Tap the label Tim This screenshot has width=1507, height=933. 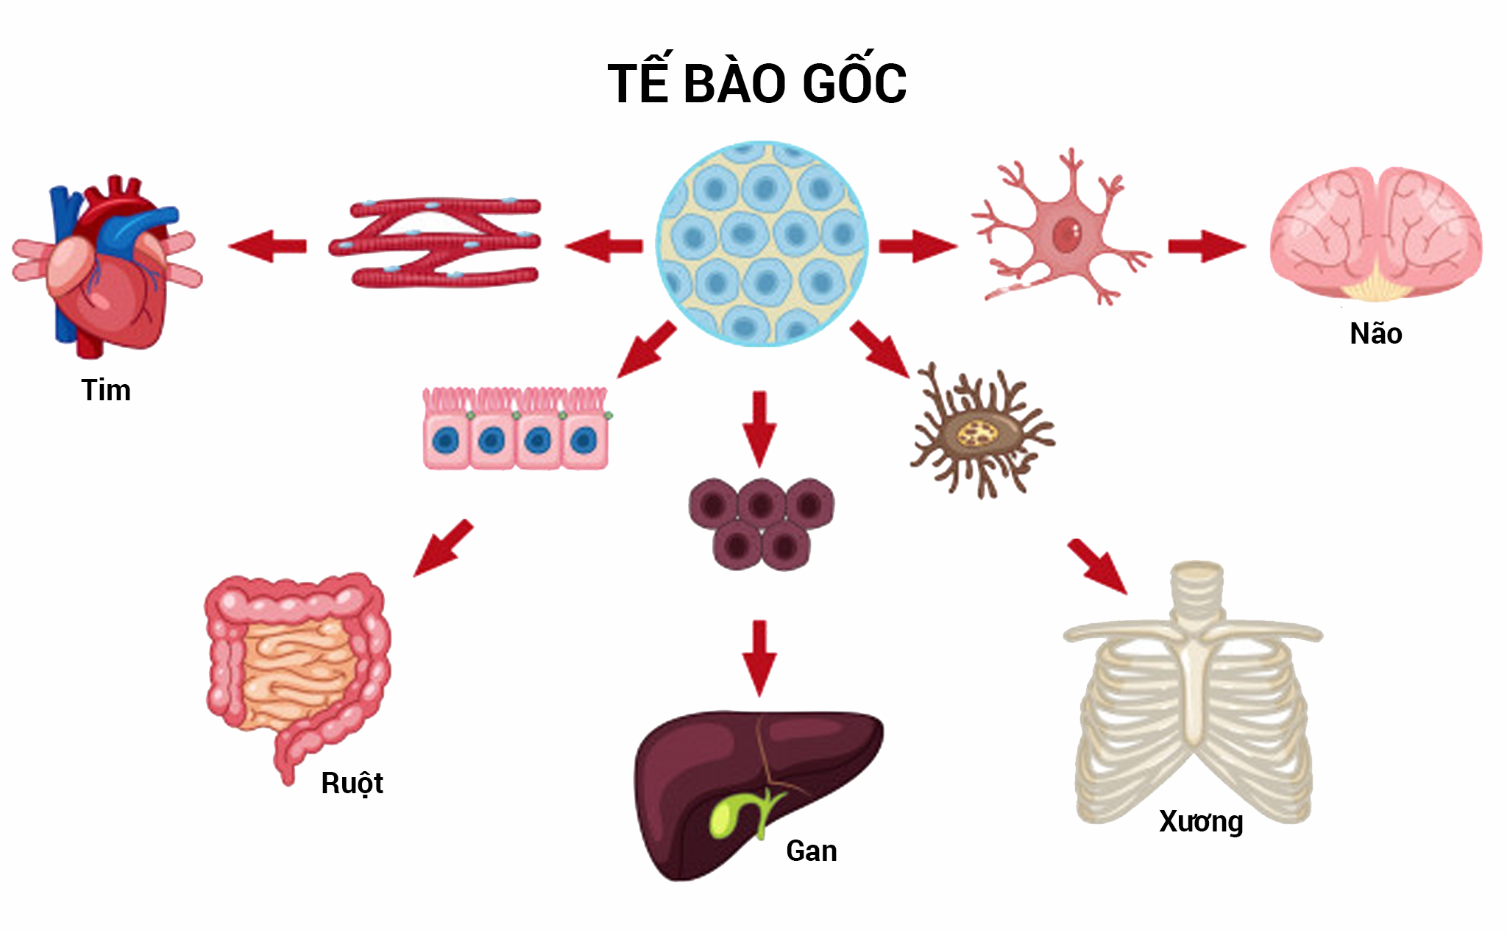106,390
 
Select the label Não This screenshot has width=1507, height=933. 1375,334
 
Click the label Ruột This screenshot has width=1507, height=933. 352,783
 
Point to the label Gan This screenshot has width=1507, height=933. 811,851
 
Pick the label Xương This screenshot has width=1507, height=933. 1201,821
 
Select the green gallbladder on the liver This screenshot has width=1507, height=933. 728,813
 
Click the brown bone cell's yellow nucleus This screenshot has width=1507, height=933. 977,434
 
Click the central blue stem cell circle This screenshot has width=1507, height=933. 762,244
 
